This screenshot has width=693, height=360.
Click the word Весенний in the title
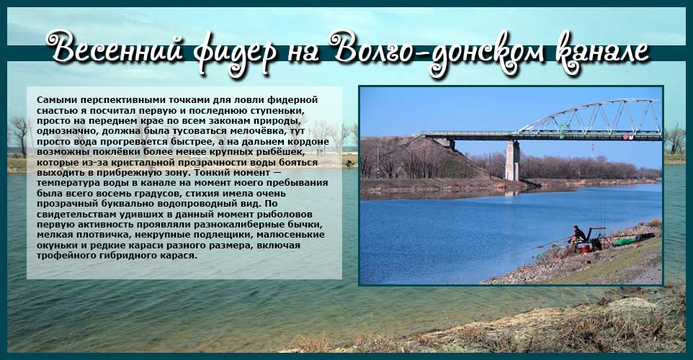(115, 48)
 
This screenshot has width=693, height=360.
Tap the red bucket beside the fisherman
(585, 248)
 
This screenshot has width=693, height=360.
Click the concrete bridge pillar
(512, 161)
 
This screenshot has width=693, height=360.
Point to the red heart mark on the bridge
(626, 137)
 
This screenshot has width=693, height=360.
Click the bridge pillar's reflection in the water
(511, 193)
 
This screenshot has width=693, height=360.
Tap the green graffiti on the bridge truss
(562, 130)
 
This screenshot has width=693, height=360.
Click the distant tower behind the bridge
(593, 150)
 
